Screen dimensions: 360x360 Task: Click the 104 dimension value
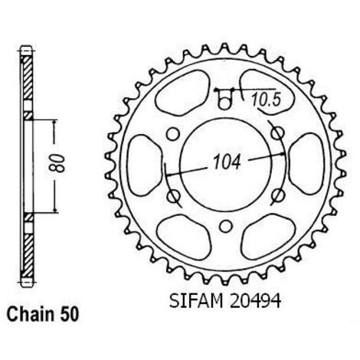click(x=227, y=162)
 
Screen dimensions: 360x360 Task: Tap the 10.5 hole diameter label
click(x=266, y=100)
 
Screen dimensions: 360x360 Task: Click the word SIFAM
click(x=195, y=301)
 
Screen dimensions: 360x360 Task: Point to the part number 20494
click(x=255, y=301)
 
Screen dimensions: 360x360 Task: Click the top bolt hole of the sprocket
click(x=224, y=103)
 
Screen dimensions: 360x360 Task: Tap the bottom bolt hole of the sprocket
click(x=226, y=227)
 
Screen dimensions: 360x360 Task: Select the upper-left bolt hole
click(x=172, y=134)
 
